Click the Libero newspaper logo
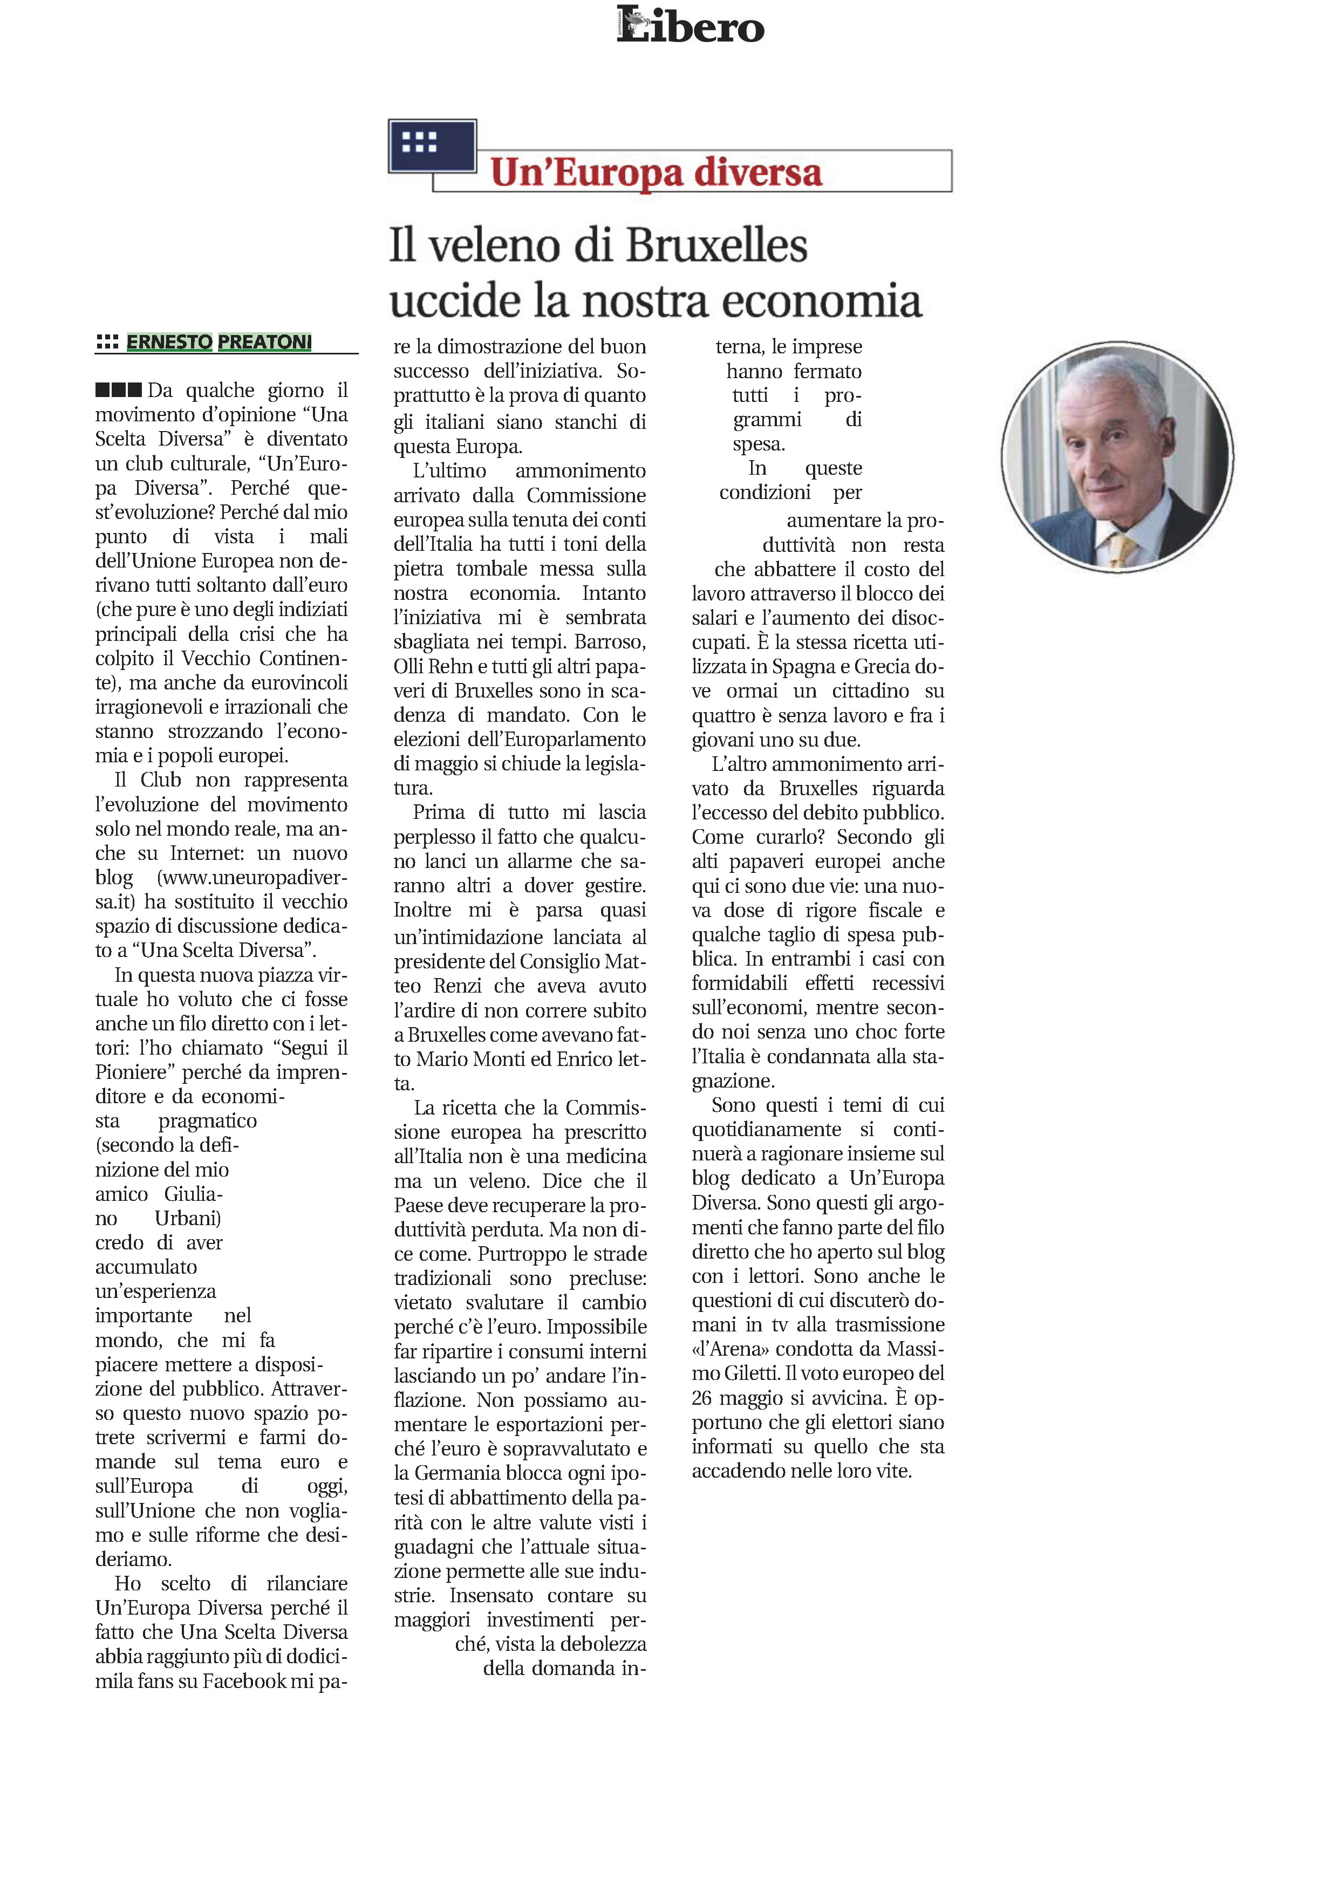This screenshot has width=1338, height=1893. [690, 25]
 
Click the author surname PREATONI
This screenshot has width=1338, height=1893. [264, 341]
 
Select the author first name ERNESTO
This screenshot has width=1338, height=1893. [169, 341]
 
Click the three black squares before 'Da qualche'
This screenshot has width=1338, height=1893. [118, 390]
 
